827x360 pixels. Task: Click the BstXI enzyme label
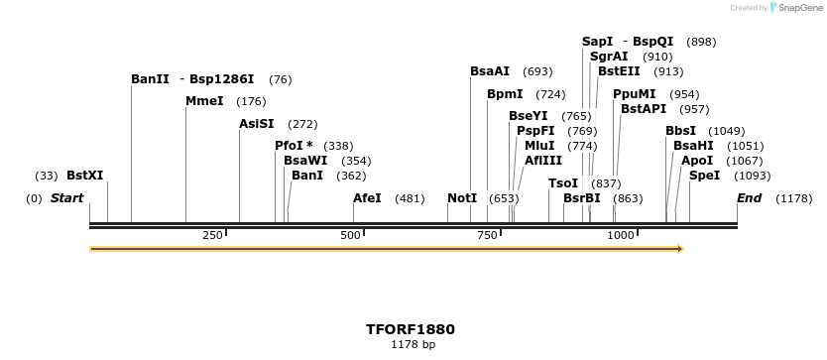(x=84, y=176)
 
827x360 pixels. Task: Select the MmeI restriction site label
(x=204, y=101)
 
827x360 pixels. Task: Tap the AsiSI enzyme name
(x=256, y=124)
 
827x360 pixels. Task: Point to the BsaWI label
(x=304, y=161)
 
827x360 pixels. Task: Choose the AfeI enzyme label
(x=367, y=198)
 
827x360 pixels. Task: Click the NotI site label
(x=462, y=198)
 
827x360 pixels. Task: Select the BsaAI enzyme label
(x=490, y=71)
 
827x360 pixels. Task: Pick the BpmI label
(x=505, y=94)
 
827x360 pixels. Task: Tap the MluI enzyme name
(x=539, y=146)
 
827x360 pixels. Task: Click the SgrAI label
(x=609, y=57)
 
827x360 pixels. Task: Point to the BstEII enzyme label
(x=619, y=71)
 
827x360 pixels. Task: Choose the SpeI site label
(x=704, y=176)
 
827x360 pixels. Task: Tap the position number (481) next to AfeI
(x=410, y=198)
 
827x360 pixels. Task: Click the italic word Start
(x=66, y=198)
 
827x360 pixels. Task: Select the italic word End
(x=749, y=198)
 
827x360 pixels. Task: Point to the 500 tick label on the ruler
(x=350, y=235)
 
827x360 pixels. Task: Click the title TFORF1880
(x=411, y=328)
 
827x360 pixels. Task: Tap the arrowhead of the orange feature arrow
(x=680, y=249)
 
